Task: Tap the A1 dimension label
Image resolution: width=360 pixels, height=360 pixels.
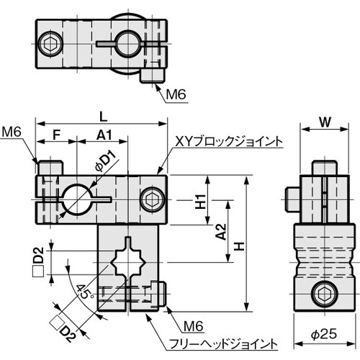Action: (103, 134)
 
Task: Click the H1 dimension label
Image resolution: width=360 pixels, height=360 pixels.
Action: (201, 201)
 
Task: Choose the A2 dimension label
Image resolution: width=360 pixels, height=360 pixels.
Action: (221, 232)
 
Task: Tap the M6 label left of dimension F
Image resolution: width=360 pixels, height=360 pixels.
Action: (11, 132)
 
